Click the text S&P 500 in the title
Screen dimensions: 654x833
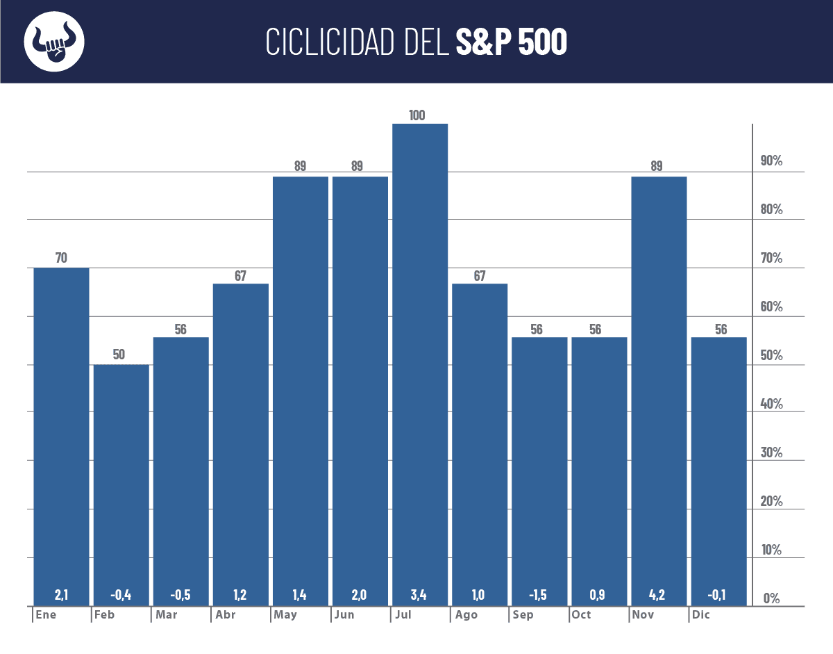(x=512, y=42)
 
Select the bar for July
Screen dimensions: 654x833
(x=420, y=361)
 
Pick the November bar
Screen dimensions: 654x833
(x=659, y=389)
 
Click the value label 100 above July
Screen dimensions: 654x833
(x=417, y=115)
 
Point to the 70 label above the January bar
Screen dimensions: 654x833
(x=61, y=259)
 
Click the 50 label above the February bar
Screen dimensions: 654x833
(x=119, y=354)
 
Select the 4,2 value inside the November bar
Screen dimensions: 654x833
(x=657, y=595)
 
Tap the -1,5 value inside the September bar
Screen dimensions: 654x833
(x=537, y=595)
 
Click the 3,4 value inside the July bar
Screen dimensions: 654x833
(x=419, y=595)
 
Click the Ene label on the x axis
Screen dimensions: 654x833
(x=47, y=615)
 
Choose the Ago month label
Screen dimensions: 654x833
(x=466, y=615)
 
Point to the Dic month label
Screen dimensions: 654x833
(x=701, y=615)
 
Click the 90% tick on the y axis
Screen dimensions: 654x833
(x=772, y=162)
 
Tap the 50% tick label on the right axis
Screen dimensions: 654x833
(x=772, y=356)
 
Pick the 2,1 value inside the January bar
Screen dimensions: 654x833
(x=62, y=595)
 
